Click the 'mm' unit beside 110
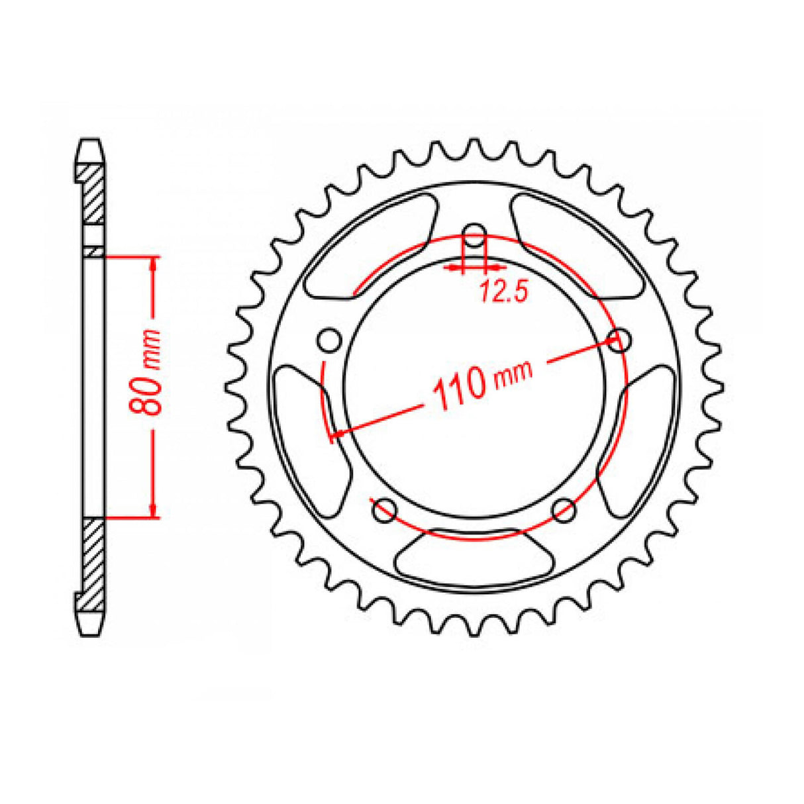tap(514, 373)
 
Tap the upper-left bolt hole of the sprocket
tap(328, 340)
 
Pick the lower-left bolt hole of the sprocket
tap(384, 510)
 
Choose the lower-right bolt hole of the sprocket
tap(564, 510)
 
